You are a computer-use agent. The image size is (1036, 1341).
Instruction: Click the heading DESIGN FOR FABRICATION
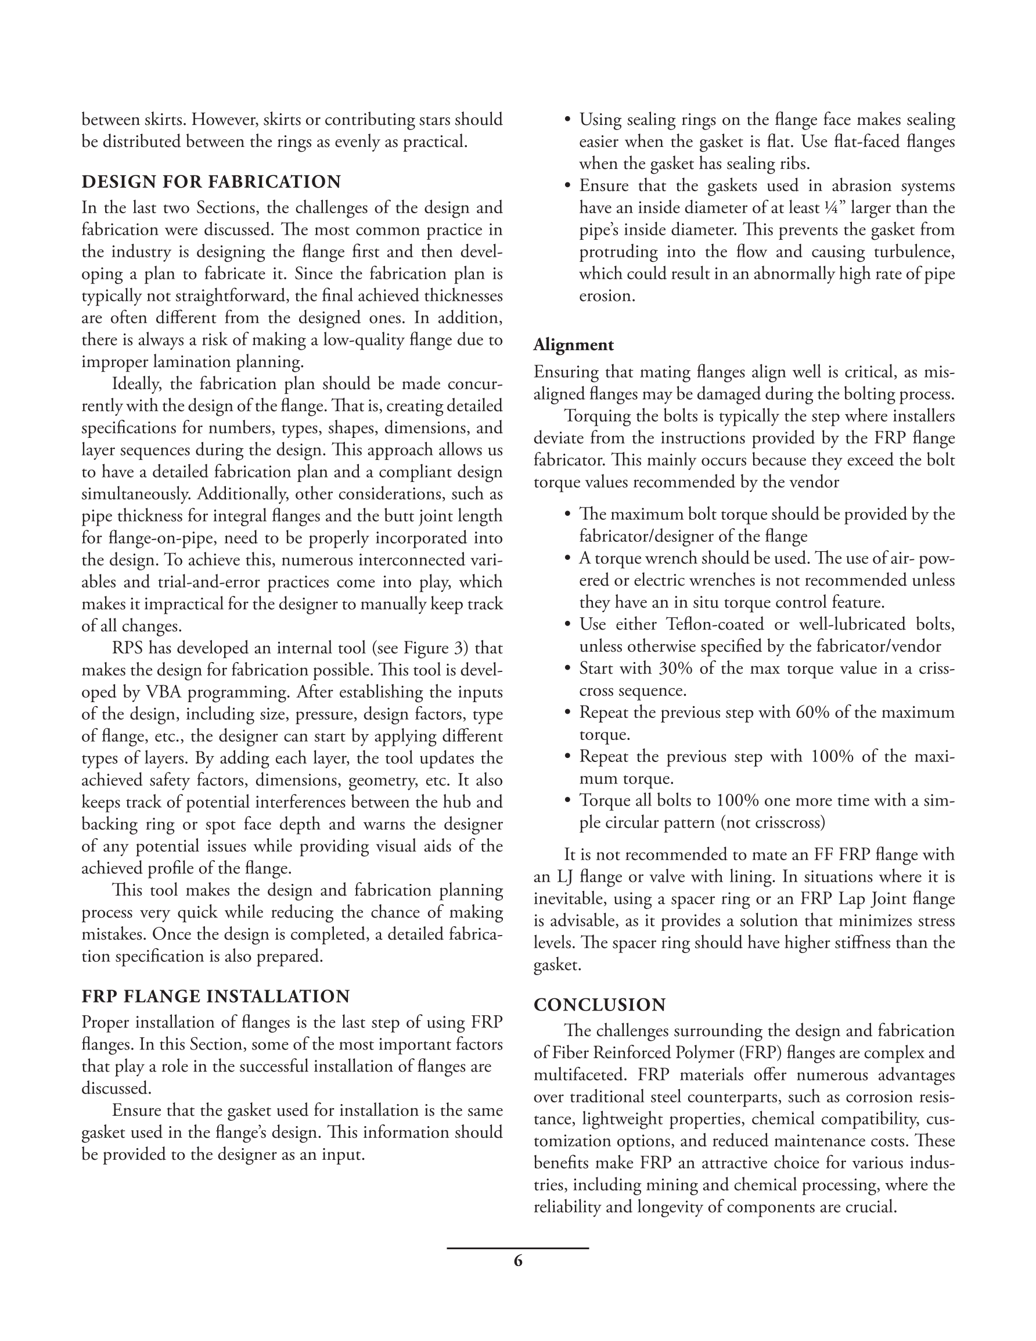[x=211, y=182]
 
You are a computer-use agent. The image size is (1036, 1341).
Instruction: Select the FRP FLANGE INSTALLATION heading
[x=215, y=995]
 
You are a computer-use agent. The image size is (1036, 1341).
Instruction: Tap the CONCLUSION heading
[x=599, y=1005]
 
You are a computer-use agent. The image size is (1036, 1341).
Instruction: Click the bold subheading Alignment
[x=573, y=344]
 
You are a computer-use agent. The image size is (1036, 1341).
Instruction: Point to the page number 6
[x=517, y=1261]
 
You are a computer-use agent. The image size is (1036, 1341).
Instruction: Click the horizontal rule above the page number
[x=517, y=1247]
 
